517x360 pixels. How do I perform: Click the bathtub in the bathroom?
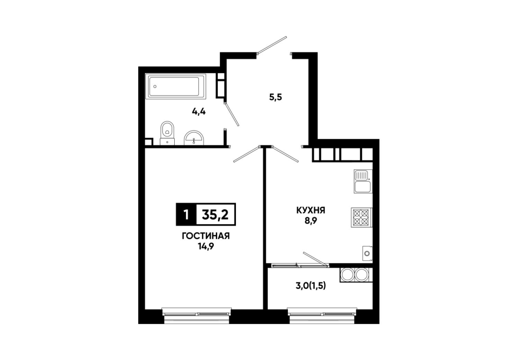coord(175,86)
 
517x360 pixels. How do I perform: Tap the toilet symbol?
coord(167,133)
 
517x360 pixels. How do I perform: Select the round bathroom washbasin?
coord(195,138)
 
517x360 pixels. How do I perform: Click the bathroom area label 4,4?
coord(199,112)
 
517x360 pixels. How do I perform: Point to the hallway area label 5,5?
coord(275,97)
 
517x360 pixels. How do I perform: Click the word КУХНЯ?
coord(310,210)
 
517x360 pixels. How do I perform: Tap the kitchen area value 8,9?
coord(311,221)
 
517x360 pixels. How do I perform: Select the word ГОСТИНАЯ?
coord(206,236)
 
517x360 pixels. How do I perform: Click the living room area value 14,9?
coord(206,246)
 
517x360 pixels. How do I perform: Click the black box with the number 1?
coord(186,214)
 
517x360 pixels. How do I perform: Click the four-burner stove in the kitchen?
coord(361,217)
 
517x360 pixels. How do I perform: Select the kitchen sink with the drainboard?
coord(363,181)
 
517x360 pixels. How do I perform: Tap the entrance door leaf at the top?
coord(272,45)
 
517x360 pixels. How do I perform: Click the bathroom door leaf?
coord(232,114)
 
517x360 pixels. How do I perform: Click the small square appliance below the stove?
coord(367,254)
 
